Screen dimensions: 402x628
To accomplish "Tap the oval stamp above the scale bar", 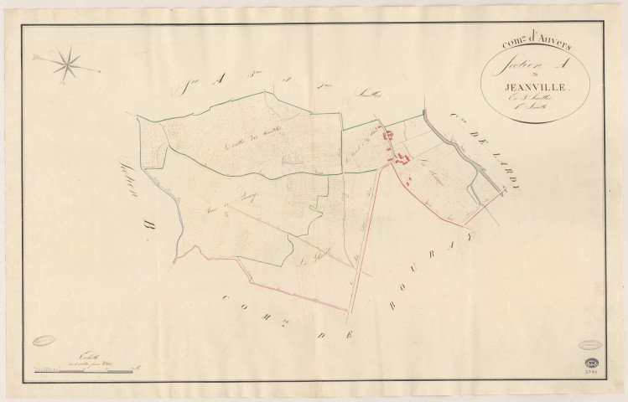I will tap(47, 341).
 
